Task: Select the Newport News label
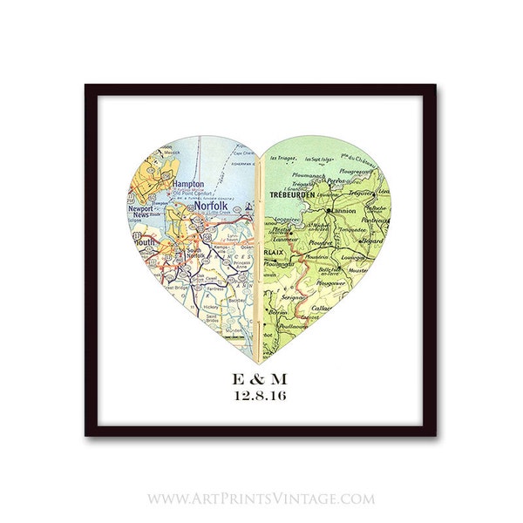coord(141,214)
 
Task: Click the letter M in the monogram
coord(286,378)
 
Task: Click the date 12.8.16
coord(260,397)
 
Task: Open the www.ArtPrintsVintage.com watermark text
coord(261,499)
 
